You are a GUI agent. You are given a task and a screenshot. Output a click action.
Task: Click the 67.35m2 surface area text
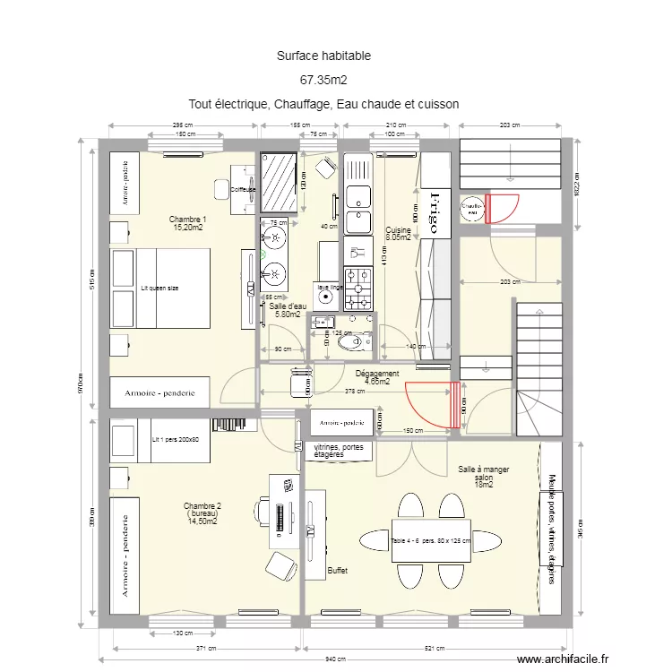tap(323, 80)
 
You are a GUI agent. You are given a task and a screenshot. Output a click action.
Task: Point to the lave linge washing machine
tap(328, 293)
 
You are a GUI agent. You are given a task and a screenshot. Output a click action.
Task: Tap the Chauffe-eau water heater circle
tap(471, 207)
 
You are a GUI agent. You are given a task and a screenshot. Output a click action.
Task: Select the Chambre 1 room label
tap(188, 223)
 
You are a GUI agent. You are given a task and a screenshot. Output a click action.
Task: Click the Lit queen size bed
tap(160, 289)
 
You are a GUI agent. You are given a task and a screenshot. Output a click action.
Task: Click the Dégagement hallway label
tap(377, 377)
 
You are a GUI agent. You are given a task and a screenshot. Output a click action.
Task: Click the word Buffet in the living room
tap(338, 570)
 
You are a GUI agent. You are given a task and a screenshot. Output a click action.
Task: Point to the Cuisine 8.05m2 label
tap(398, 234)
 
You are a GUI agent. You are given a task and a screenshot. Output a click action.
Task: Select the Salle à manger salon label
tap(484, 477)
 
